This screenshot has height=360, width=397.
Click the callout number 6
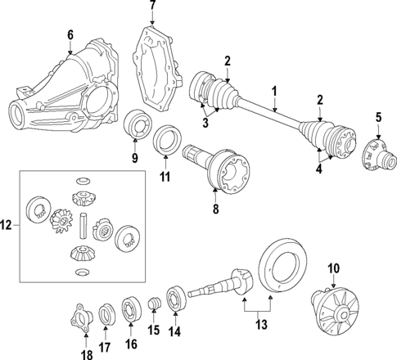(70, 34)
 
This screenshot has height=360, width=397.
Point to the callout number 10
(333, 268)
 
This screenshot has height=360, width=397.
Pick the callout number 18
(86, 354)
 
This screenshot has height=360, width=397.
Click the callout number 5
(378, 117)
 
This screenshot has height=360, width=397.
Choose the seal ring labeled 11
(166, 137)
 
